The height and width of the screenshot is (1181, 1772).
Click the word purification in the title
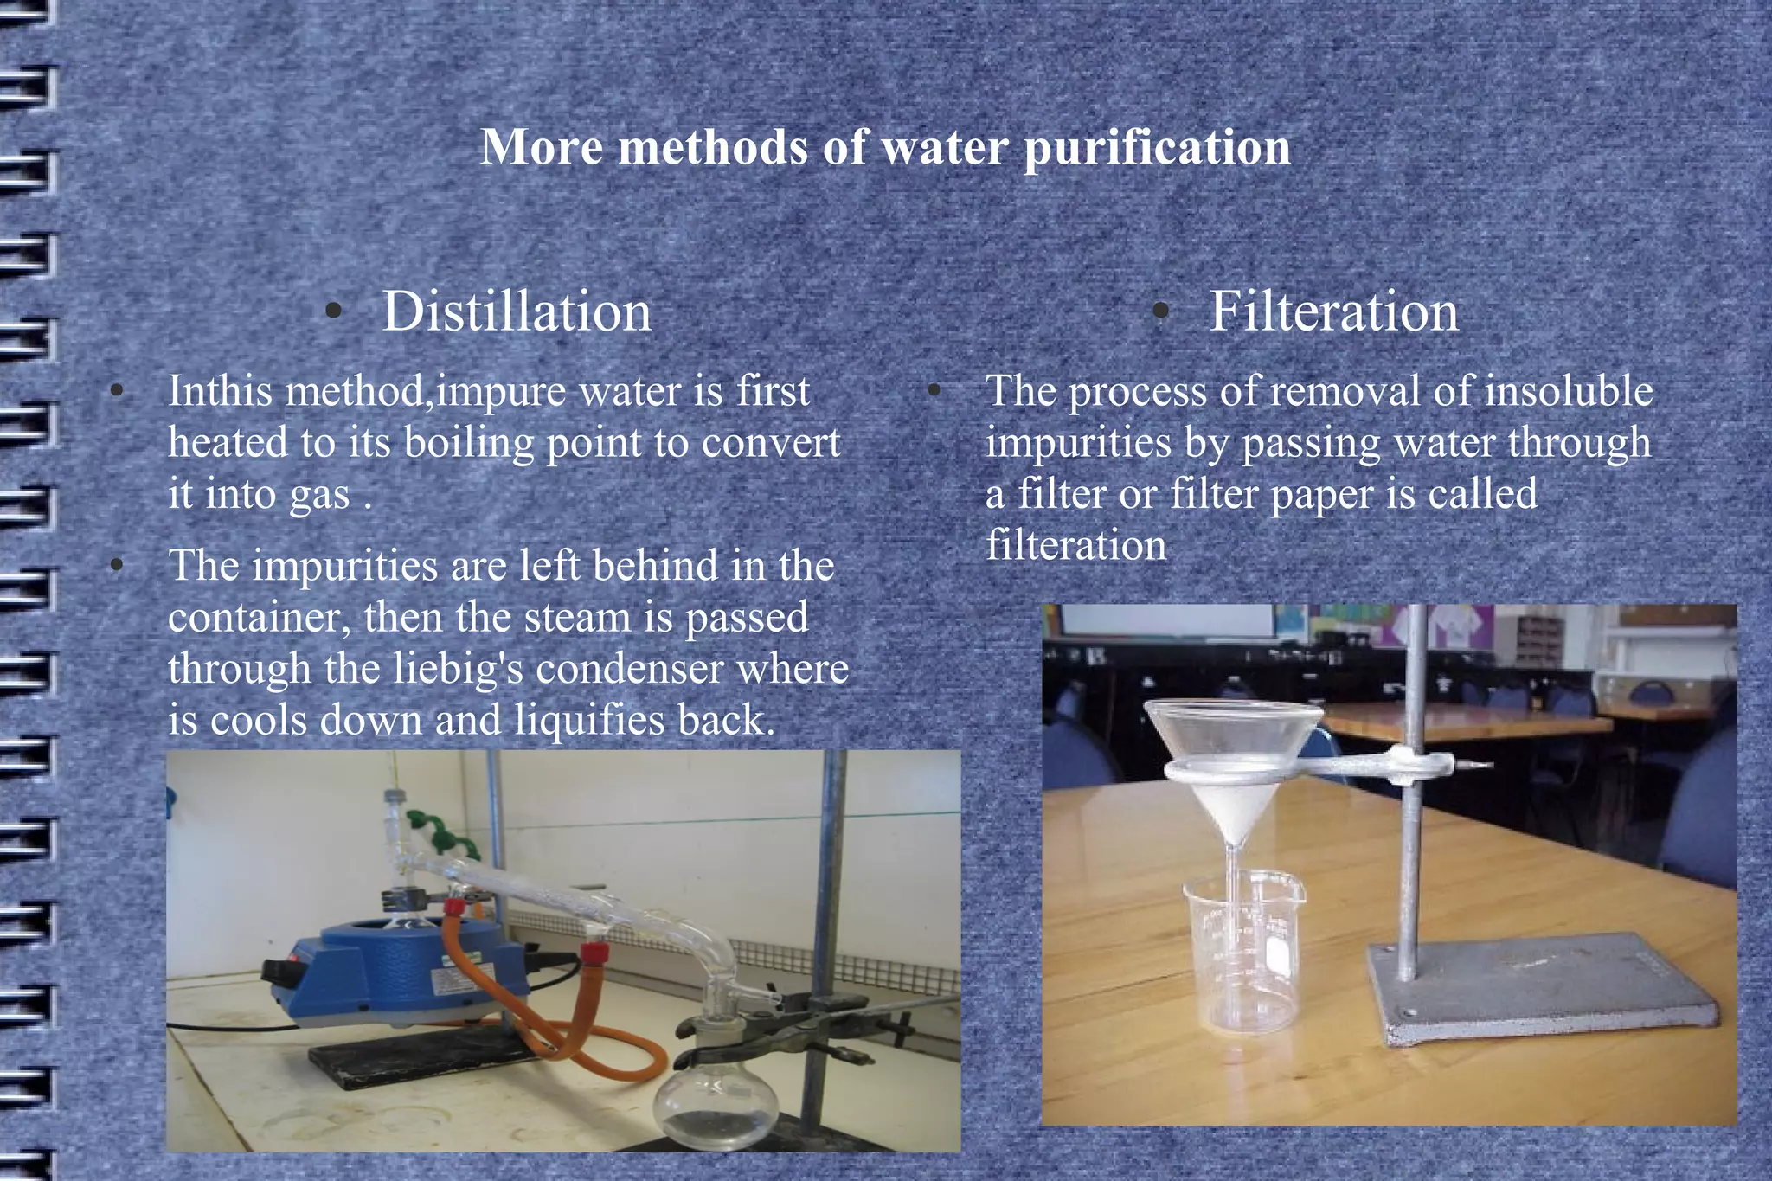[1157, 147]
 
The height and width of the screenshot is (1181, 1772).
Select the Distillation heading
[517, 311]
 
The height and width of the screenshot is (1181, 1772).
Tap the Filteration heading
[1333, 311]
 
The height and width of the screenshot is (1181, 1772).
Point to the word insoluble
[1569, 391]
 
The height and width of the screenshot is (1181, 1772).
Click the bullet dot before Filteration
[1162, 312]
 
